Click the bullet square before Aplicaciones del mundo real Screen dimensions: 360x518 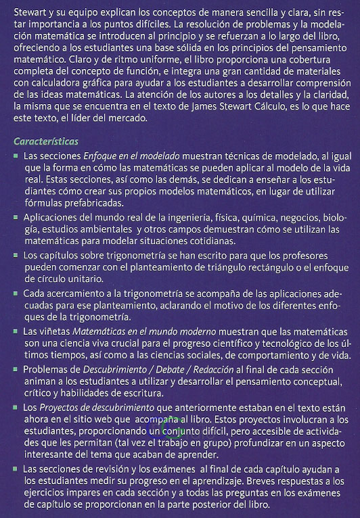tap(16, 218)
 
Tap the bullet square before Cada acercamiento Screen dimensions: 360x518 tap(16, 294)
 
